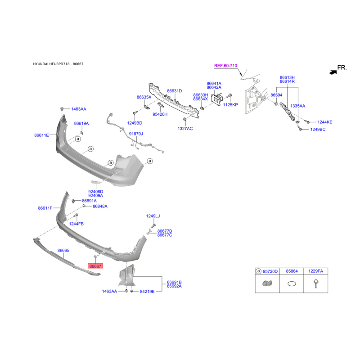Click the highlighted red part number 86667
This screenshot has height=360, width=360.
tap(95, 266)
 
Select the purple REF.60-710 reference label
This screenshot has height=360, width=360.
tap(225, 66)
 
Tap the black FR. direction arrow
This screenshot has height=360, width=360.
tap(333, 72)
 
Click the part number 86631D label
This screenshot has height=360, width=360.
tap(175, 91)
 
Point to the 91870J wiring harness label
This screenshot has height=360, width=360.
tap(136, 134)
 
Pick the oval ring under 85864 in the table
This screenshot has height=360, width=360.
tap(292, 284)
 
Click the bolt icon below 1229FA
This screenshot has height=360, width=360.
tap(316, 284)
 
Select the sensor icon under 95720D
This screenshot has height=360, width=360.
tap(267, 283)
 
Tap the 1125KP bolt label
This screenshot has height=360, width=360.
tap(230, 105)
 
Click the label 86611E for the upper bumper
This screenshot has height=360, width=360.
tap(41, 135)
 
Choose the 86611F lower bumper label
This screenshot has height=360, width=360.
tap(45, 208)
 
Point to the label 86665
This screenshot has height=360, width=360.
tap(63, 250)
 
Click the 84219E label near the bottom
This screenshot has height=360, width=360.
tap(147, 291)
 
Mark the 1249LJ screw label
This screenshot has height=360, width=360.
tap(153, 216)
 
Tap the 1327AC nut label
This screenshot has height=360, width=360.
tap(185, 129)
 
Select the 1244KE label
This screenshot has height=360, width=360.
tap(324, 122)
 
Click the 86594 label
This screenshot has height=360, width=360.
tap(276, 95)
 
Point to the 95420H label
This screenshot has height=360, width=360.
tap(160, 114)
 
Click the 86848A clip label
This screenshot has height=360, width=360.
tap(100, 206)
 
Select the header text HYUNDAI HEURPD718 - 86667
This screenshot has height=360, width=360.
tap(58, 64)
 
